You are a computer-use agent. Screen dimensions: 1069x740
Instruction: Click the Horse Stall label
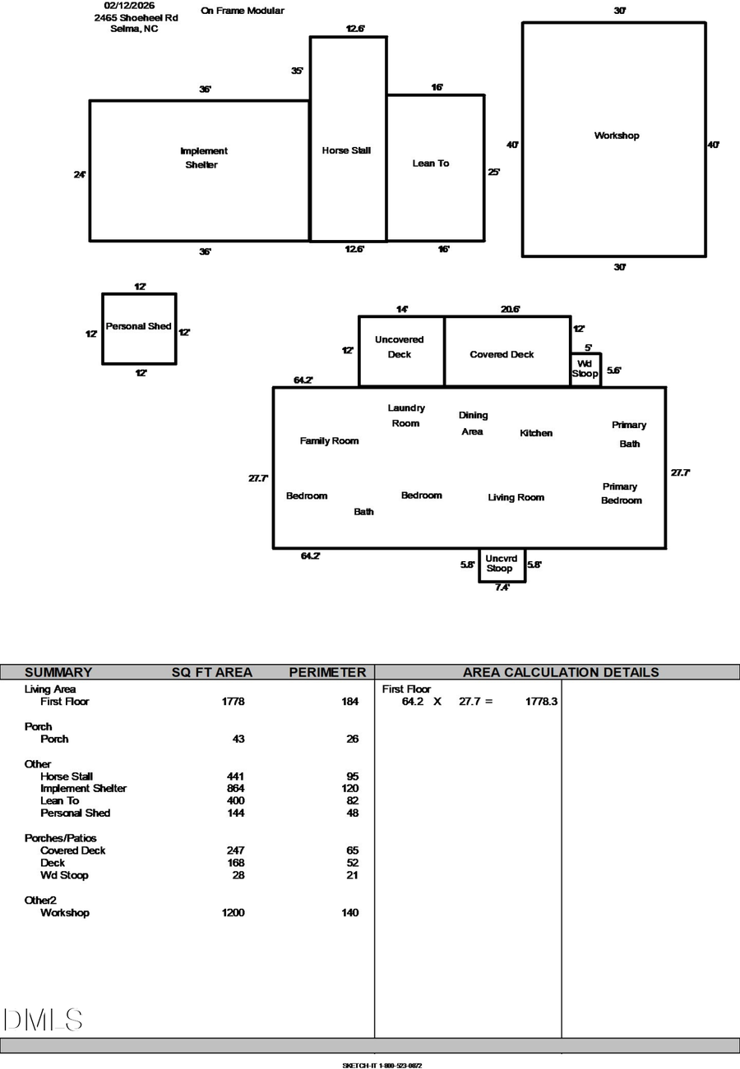click(346, 150)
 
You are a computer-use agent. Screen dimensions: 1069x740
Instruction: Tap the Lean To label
click(431, 164)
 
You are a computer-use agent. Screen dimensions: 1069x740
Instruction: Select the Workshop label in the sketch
click(617, 136)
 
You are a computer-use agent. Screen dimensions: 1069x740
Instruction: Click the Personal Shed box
click(139, 329)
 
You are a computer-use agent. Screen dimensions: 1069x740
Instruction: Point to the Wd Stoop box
click(585, 369)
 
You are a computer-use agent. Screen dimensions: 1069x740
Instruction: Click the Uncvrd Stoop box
click(502, 564)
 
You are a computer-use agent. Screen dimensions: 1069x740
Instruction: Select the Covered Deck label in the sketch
click(502, 355)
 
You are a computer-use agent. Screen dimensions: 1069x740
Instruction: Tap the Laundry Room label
click(406, 416)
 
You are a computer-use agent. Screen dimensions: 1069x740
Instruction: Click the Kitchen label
click(536, 433)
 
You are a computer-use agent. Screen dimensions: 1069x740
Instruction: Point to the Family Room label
click(329, 441)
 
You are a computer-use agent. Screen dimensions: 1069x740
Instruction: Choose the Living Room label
click(516, 497)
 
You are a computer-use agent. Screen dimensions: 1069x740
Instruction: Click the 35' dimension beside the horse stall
click(297, 71)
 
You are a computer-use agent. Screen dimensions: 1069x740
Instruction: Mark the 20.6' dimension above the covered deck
click(510, 310)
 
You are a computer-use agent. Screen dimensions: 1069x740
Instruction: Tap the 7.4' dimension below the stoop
click(502, 587)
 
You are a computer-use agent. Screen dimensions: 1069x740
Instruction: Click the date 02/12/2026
click(129, 6)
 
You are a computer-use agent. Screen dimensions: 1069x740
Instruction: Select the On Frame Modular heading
click(243, 11)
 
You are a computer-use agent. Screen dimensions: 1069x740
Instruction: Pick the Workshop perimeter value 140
click(350, 913)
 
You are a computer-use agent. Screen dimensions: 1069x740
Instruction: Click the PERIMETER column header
click(327, 672)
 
